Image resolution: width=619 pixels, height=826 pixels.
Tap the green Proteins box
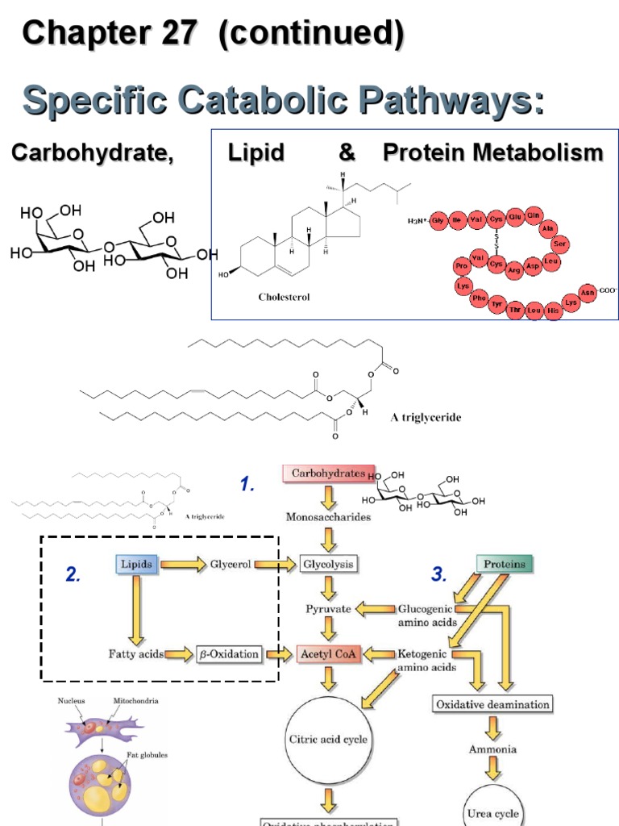505,564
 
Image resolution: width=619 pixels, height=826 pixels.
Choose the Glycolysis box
328,564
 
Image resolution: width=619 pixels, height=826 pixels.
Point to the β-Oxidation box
229,653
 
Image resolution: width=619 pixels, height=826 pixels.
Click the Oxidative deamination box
492,704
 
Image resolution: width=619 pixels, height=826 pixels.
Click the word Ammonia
492,749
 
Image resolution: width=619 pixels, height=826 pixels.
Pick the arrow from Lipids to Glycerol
184,565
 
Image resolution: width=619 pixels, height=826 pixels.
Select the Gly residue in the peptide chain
438,219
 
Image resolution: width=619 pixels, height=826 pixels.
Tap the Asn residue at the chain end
588,293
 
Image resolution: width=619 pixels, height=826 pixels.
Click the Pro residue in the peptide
461,266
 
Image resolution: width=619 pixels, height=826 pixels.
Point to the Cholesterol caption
284,297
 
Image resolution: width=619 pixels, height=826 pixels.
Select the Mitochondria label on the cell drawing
136,701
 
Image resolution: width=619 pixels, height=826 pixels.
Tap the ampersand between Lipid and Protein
337,152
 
